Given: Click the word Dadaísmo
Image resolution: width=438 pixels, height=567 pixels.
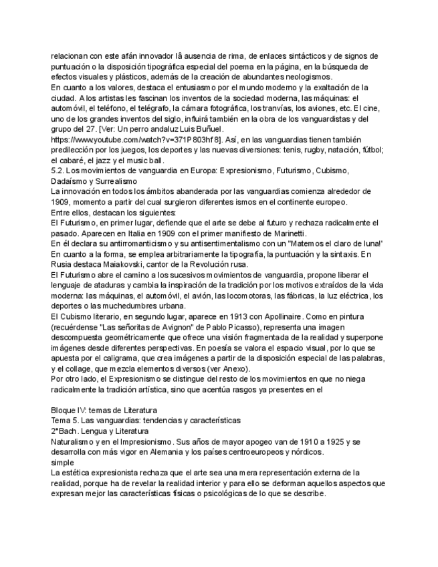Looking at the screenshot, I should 70,181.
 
